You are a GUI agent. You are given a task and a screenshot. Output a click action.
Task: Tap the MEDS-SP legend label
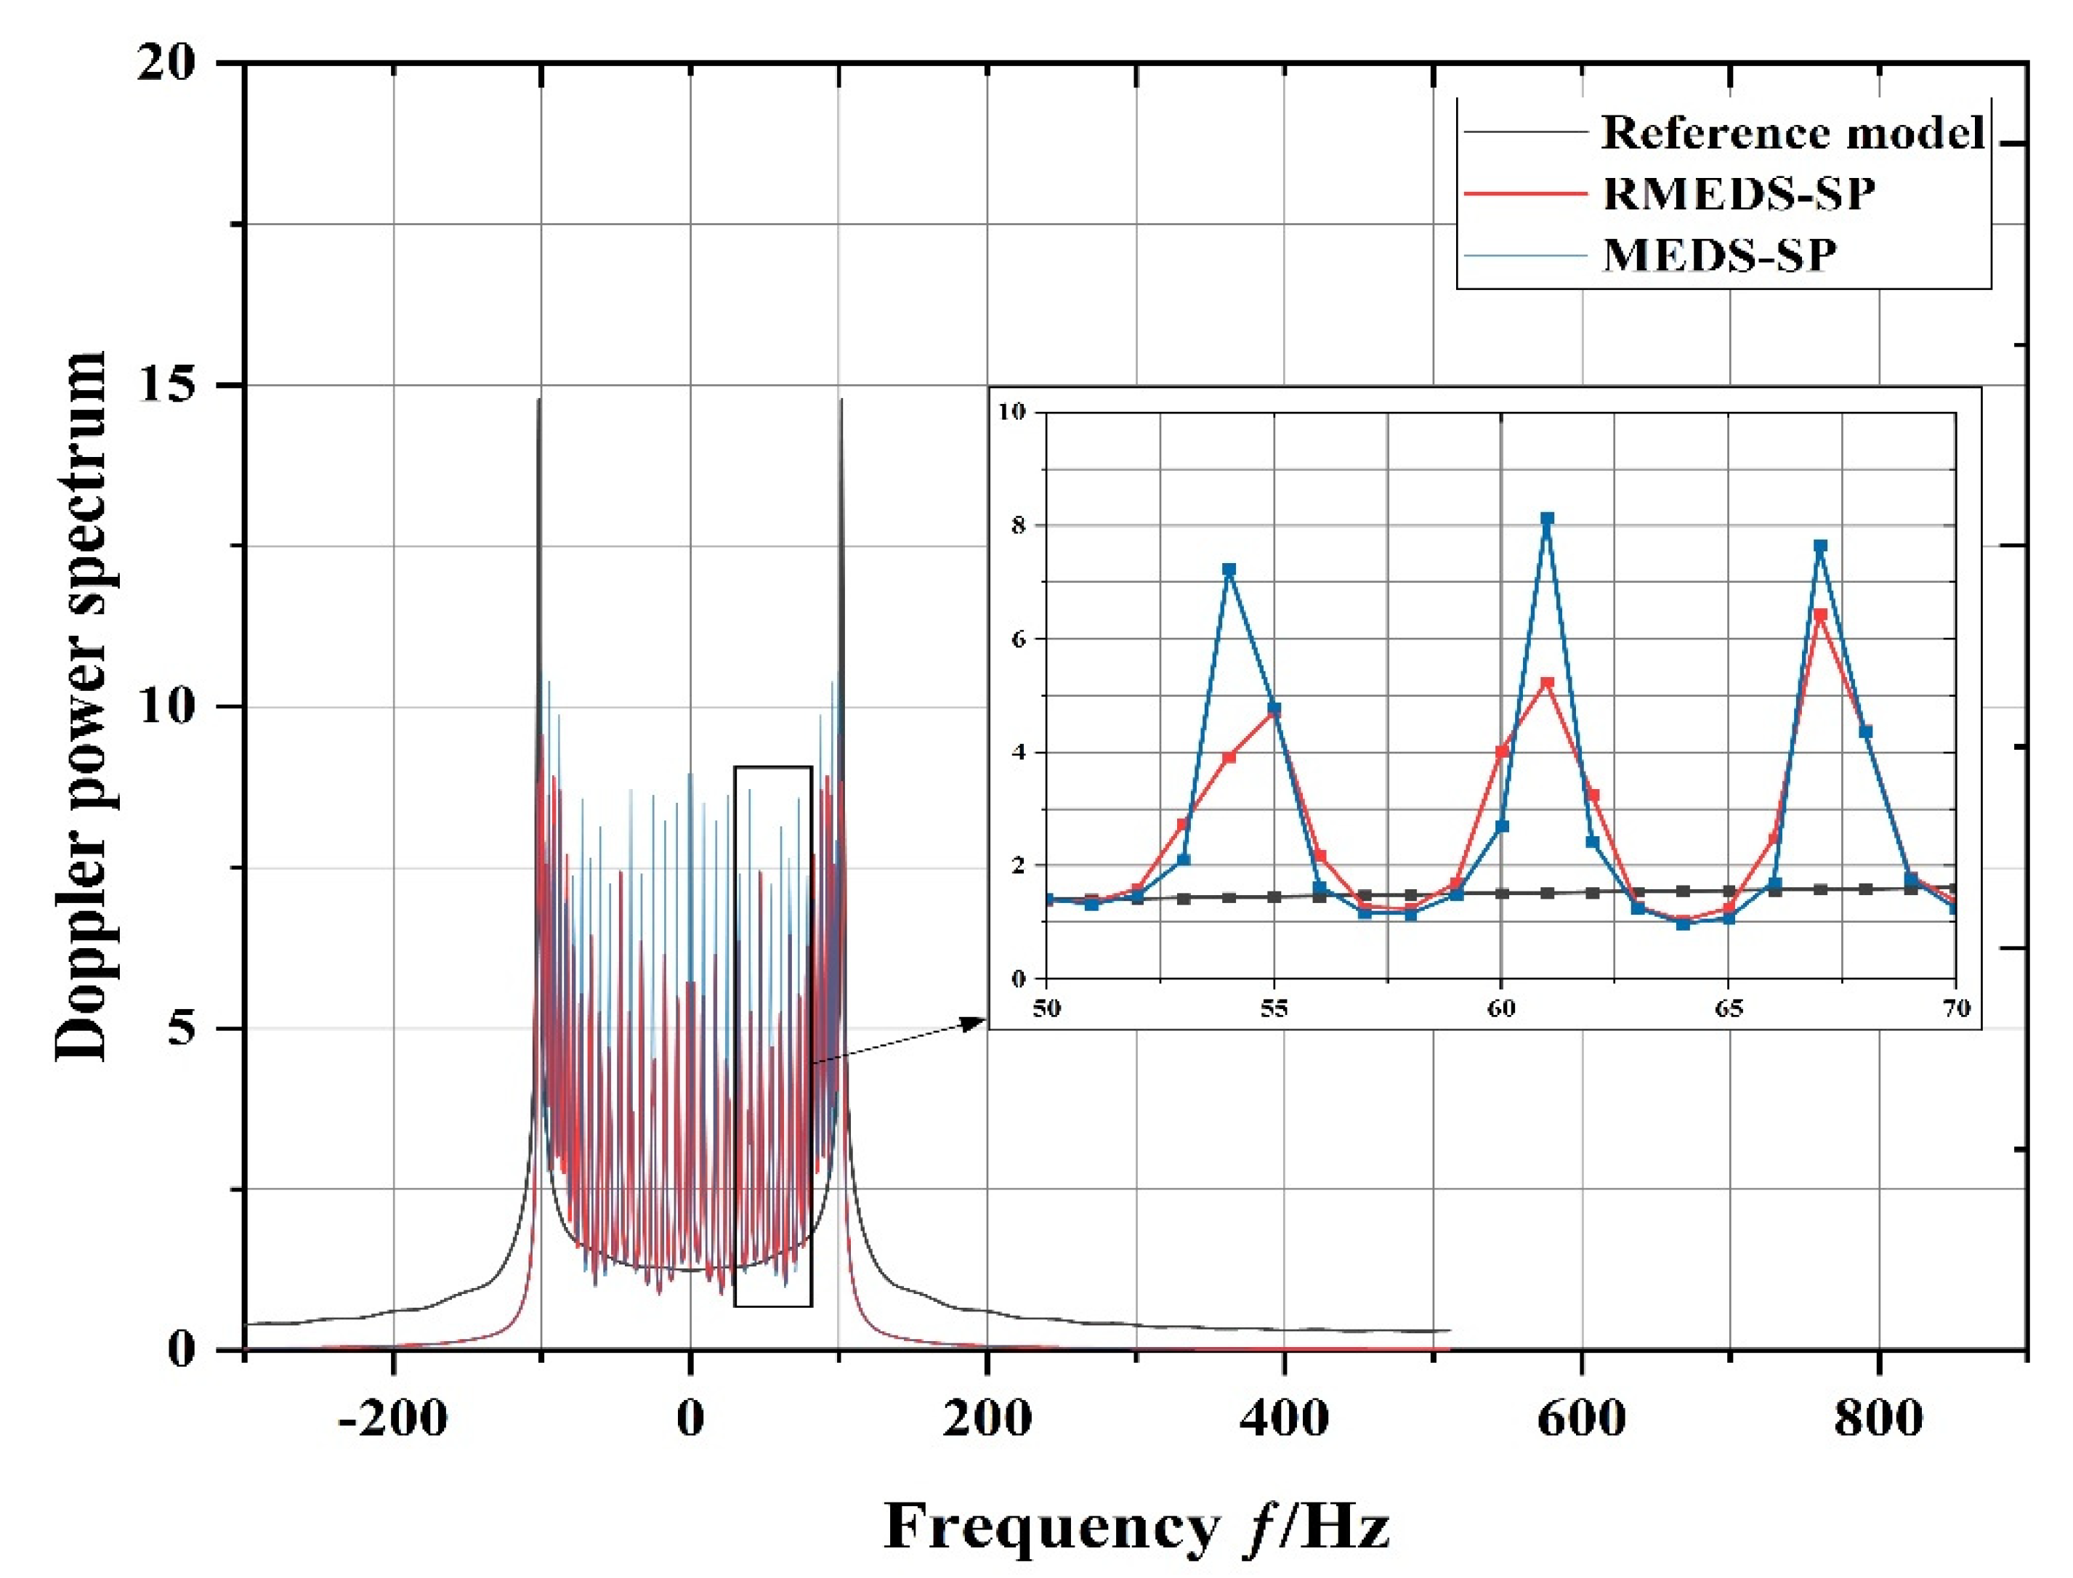coord(1719,254)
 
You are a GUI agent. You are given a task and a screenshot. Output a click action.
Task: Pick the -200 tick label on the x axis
coord(392,1418)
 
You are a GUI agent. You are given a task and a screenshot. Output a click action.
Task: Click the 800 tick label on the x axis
coord(1878,1418)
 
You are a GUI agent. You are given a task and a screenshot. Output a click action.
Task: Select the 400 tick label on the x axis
coord(1283,1418)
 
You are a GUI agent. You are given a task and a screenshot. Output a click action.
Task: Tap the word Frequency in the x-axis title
coord(1051,1526)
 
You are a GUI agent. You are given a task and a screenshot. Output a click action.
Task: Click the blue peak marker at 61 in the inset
coord(1547,519)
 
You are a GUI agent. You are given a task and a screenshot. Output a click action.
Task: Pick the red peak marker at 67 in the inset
coord(1819,615)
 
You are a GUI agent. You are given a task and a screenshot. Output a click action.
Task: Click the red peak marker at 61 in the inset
coord(1547,683)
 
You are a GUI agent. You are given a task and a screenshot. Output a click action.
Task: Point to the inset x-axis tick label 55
coord(1274,1008)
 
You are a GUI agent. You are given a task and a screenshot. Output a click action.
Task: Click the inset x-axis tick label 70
coord(1955,1008)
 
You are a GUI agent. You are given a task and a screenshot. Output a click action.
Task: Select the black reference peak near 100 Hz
coord(841,401)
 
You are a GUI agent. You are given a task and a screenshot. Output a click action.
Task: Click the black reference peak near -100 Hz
coord(539,401)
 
